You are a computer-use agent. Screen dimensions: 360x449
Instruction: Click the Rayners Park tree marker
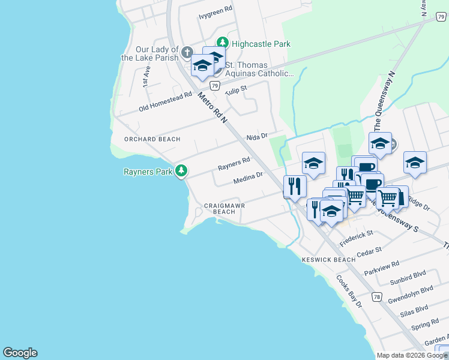(x=181, y=171)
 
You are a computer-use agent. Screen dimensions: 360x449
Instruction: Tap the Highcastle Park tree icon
(x=223, y=43)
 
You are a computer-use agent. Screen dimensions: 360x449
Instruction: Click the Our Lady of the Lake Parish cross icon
(x=187, y=53)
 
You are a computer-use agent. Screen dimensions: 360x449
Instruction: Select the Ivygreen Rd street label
(x=215, y=12)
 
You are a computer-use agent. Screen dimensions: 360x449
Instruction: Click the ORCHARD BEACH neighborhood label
(x=152, y=139)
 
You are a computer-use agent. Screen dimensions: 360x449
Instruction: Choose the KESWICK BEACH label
(x=328, y=260)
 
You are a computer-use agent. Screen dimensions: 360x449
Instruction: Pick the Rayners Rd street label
(x=234, y=163)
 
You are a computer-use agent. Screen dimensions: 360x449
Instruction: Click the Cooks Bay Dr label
(x=349, y=291)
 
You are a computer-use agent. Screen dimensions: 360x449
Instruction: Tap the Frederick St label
(x=356, y=237)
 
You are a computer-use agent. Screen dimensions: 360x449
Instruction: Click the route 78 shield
(x=376, y=296)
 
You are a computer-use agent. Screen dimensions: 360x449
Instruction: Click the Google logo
(x=20, y=353)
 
